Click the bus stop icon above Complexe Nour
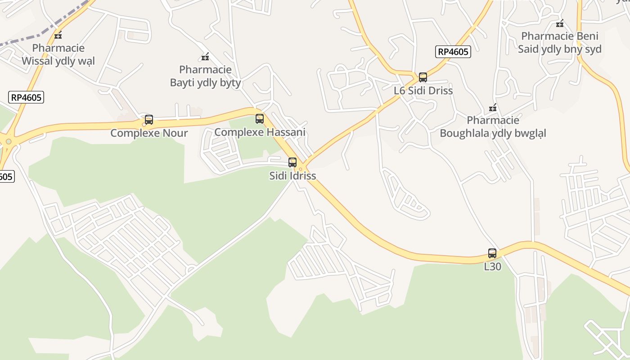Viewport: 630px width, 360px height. (x=149, y=120)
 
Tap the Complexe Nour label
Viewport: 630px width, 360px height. (x=149, y=133)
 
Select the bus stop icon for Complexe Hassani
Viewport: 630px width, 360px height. (x=260, y=119)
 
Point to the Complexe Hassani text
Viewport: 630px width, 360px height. (x=260, y=132)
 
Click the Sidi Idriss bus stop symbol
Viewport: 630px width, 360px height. (x=292, y=162)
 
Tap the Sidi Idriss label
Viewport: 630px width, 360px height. (x=292, y=176)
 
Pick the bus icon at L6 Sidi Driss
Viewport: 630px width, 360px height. (x=423, y=77)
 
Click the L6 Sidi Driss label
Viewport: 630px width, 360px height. (x=423, y=91)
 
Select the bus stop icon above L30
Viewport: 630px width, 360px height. (x=492, y=253)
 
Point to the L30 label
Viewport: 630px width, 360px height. (x=492, y=266)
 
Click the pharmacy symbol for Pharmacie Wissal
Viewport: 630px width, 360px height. (x=58, y=35)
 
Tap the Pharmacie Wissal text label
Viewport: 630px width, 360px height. (x=58, y=54)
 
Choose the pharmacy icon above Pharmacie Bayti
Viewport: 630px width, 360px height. (x=205, y=57)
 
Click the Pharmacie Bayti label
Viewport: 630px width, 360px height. (x=205, y=76)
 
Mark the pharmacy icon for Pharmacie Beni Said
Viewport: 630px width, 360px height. (x=560, y=23)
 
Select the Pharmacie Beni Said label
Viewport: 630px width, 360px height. (x=560, y=43)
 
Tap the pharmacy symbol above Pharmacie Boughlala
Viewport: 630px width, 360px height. (x=493, y=108)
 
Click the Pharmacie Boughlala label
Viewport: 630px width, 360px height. (x=493, y=127)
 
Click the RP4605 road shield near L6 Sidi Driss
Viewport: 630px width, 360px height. (x=453, y=52)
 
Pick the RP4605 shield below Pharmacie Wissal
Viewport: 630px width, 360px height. (x=26, y=97)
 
